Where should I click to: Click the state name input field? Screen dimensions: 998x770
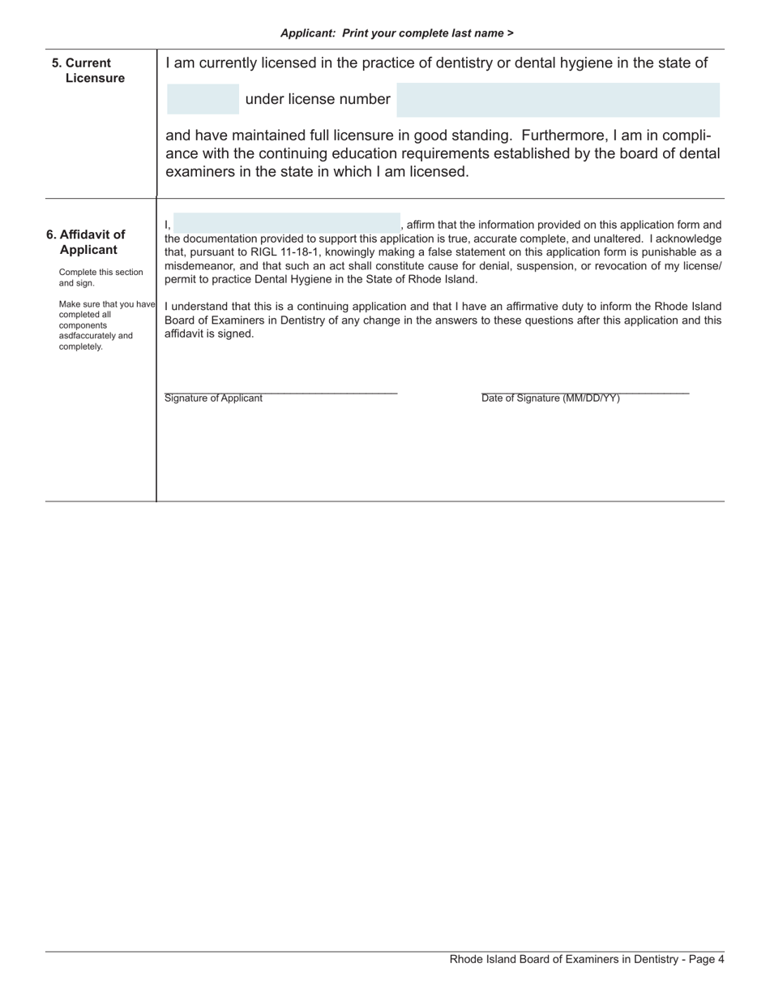(x=203, y=99)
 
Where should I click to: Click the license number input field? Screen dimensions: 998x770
(x=558, y=100)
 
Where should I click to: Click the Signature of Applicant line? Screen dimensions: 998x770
(x=280, y=393)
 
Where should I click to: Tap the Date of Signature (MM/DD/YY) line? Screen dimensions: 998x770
(x=584, y=393)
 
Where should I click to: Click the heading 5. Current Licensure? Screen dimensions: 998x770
(x=88, y=71)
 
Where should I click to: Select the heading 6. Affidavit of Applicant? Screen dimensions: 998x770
(x=87, y=242)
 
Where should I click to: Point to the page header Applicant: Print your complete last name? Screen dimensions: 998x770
(x=396, y=33)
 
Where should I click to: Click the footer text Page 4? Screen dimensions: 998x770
(x=704, y=959)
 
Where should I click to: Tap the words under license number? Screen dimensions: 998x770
(x=317, y=99)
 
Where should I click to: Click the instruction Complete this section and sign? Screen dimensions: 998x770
(x=101, y=277)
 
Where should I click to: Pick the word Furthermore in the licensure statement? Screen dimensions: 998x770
(x=552, y=135)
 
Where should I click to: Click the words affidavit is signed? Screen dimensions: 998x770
(x=209, y=333)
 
